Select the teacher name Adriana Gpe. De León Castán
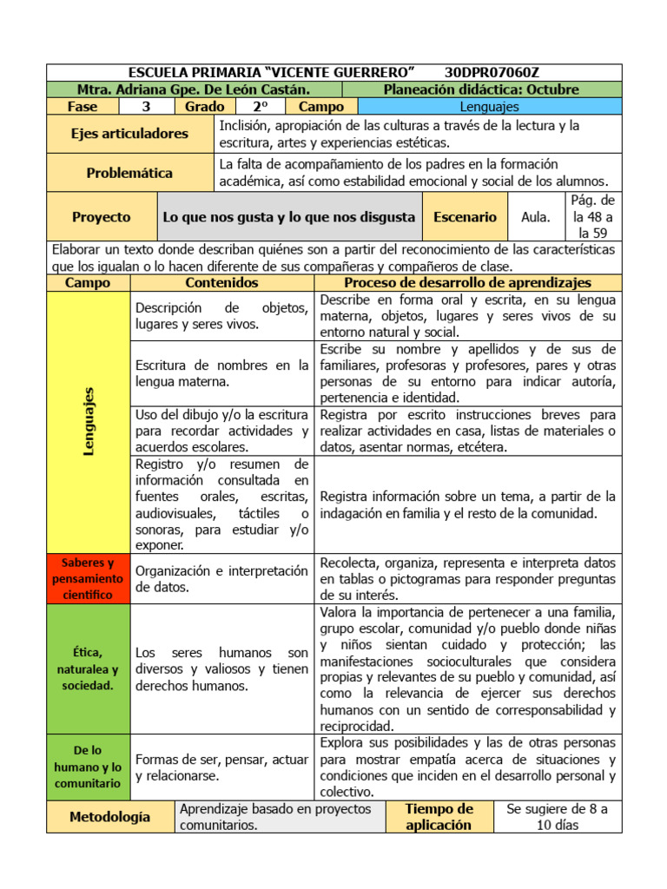point(194,89)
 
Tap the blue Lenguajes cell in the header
point(489,106)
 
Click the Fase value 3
point(146,106)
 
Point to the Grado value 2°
point(260,106)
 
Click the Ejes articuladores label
point(129,134)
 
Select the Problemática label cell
point(129,173)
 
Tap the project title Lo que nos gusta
point(289,217)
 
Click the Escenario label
point(466,217)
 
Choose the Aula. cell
point(535,217)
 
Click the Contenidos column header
point(221,283)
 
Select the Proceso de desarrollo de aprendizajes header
point(467,283)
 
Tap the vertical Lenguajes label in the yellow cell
point(89,422)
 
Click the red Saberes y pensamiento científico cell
point(88,579)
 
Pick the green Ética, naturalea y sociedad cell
point(88,668)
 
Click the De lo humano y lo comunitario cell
point(88,767)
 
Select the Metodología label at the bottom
point(110,816)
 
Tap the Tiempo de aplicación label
point(439,817)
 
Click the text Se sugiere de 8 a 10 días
point(557,817)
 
